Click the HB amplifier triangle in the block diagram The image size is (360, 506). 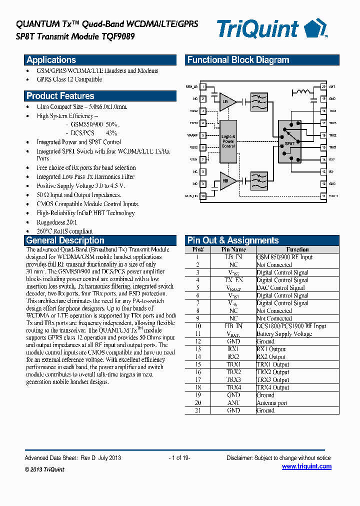pos(226,180)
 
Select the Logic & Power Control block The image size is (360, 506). pos(228,141)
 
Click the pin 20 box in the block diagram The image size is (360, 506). pos(323,87)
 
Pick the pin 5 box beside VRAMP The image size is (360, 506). pos(202,135)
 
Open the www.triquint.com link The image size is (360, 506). pos(306,466)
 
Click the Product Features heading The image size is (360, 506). pos(60,96)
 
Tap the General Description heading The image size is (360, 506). pos(65,240)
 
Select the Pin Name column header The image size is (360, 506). pos(233,249)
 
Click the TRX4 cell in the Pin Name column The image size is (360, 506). pos(233,387)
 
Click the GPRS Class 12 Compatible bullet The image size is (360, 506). pos(69,79)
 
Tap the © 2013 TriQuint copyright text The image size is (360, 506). pos(44,469)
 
